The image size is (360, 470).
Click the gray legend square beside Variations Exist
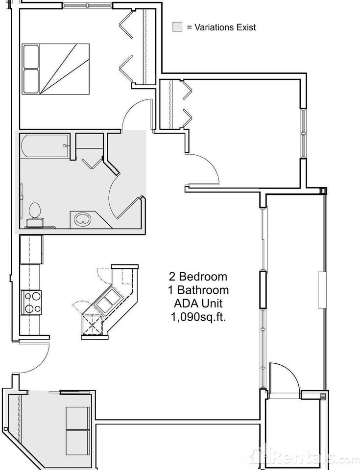tap(177, 27)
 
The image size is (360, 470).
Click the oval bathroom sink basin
tap(82, 219)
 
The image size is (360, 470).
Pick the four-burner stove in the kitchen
tap(31, 302)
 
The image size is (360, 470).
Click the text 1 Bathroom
tap(198, 290)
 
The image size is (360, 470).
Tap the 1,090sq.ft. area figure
tap(198, 317)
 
